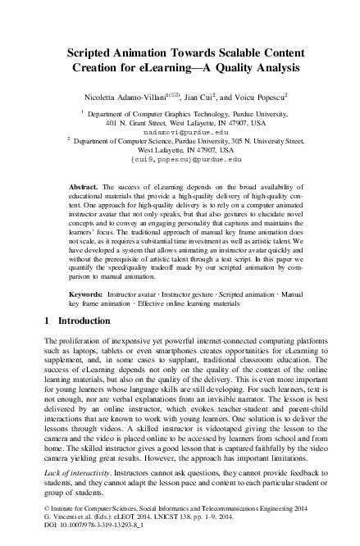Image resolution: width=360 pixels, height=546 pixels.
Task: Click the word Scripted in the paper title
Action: point(89,52)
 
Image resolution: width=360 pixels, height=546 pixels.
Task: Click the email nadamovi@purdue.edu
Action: point(180,131)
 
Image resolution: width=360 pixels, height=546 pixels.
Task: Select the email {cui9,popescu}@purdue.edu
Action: point(180,160)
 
